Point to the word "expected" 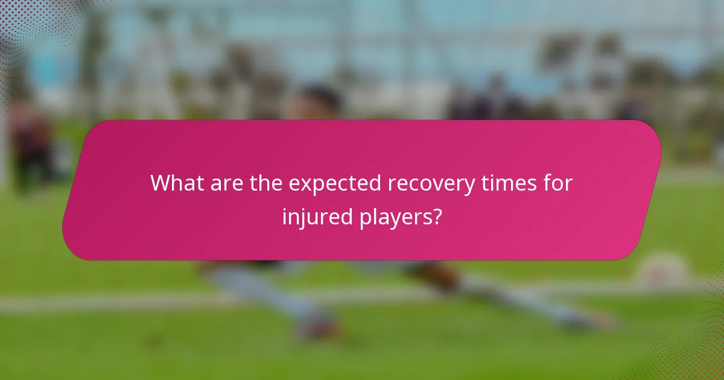pos(334,184)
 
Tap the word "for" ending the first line pos(556,183)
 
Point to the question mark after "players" pos(436,216)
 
